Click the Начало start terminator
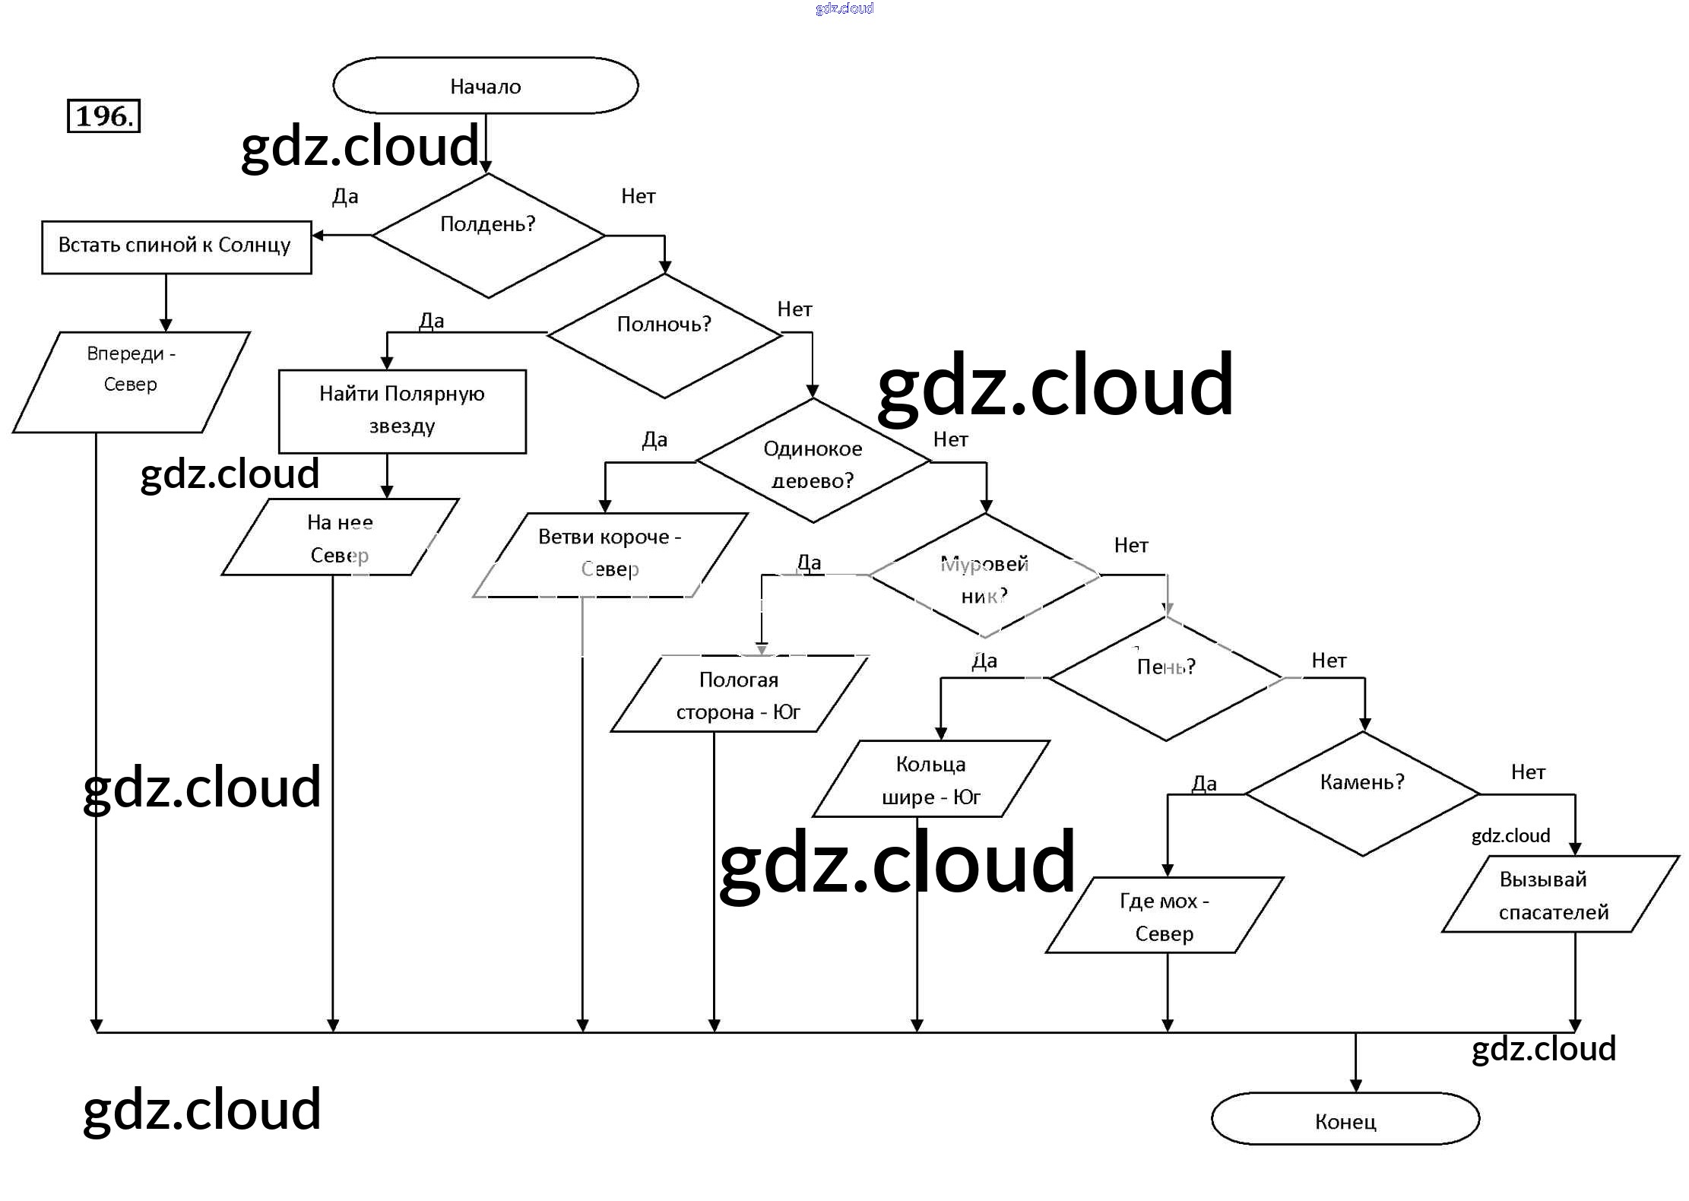point(485,86)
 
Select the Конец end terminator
point(1345,1119)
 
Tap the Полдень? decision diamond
point(488,236)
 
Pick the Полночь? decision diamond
point(664,334)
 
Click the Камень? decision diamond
point(1362,794)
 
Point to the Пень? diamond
point(1166,678)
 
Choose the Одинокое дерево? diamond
point(813,461)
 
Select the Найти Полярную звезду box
point(402,411)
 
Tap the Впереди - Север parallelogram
point(131,382)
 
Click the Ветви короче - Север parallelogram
point(610,555)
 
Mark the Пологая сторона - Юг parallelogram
point(739,695)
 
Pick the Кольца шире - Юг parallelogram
point(931,779)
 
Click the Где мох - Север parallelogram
point(1165,915)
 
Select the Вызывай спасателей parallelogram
point(1554,895)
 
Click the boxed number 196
point(104,116)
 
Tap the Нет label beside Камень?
point(1528,772)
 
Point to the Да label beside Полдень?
point(345,197)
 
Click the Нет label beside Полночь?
point(794,309)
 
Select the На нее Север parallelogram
point(340,537)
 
